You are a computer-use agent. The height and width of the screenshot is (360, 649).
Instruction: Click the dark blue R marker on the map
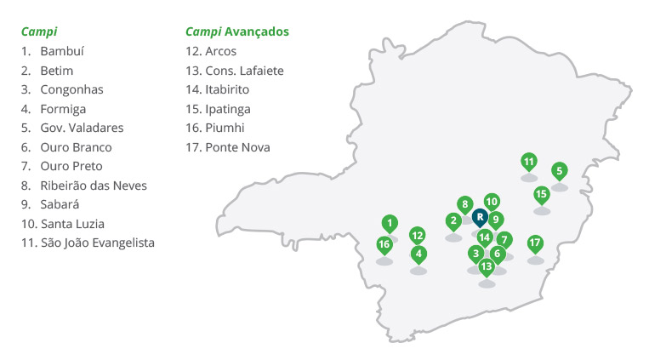coord(479,217)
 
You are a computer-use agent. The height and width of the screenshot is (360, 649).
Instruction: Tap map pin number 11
coord(529,162)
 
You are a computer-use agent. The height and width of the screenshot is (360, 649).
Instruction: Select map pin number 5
coord(559,171)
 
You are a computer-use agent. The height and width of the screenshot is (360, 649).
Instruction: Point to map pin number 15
coord(542,194)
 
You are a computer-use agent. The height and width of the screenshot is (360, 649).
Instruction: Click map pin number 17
coord(535,243)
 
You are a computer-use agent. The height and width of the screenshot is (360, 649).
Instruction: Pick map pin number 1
coord(389,224)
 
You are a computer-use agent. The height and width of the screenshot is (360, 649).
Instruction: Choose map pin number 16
coord(384,245)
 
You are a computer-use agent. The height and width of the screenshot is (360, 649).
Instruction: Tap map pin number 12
coord(417,235)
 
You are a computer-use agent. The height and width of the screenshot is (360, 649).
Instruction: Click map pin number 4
coord(418,254)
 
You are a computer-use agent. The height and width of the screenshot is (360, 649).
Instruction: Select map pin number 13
coord(487,267)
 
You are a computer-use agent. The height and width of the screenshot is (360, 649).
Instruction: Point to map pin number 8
coord(464,204)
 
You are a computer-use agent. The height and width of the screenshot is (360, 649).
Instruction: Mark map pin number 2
coord(453,221)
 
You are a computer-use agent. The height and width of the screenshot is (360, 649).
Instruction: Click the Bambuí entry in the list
coord(62,51)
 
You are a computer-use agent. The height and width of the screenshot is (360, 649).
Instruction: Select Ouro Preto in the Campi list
coord(71,166)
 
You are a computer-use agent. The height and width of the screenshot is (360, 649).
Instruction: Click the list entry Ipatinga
coord(227,109)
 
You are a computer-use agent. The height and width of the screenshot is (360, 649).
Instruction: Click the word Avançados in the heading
coord(257,31)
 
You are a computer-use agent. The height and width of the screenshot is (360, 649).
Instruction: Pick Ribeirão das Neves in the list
coord(93,186)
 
